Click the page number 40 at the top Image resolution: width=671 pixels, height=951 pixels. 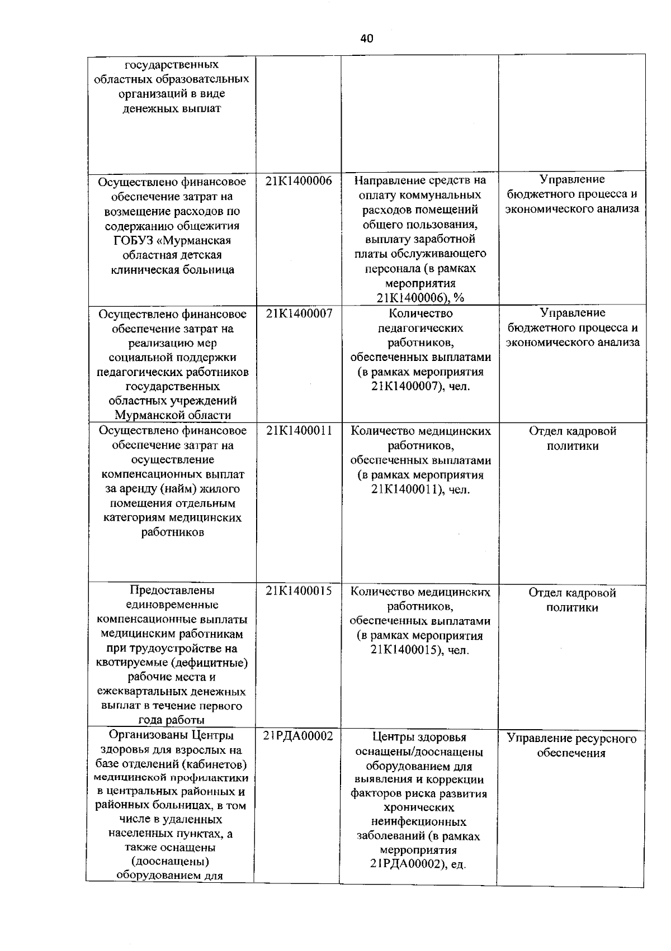(x=366, y=39)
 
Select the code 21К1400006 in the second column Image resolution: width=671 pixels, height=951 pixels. (x=299, y=180)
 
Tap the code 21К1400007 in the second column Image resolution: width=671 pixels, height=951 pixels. (x=299, y=314)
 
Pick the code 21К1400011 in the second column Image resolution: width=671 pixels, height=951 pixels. (x=299, y=431)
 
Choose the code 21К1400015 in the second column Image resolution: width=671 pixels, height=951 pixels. (x=299, y=591)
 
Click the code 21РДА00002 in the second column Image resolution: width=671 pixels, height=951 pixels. (x=298, y=736)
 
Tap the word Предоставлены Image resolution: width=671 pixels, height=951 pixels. (x=172, y=591)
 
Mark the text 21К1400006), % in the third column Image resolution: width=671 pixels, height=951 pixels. (x=419, y=298)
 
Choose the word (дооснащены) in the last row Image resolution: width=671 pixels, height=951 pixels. (x=172, y=861)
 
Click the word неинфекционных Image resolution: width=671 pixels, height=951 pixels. (x=418, y=822)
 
